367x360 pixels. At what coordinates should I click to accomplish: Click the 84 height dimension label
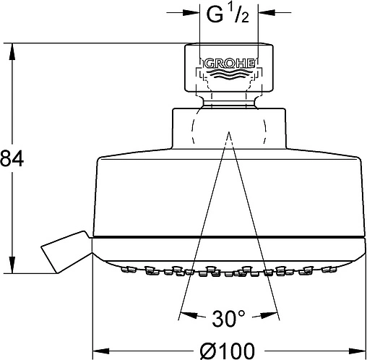pyautogui.click(x=12, y=158)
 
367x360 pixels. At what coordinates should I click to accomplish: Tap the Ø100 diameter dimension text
pyautogui.click(x=227, y=351)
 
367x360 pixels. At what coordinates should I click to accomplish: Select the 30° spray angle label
pyautogui.click(x=228, y=318)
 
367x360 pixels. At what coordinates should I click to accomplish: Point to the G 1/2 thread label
pyautogui.click(x=228, y=14)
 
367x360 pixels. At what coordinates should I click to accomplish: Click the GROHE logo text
pyautogui.click(x=230, y=64)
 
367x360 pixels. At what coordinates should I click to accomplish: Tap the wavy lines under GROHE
pyautogui.click(x=229, y=74)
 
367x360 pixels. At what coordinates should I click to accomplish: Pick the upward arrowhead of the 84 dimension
pyautogui.click(x=12, y=51)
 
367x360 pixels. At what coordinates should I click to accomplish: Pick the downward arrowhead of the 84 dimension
pyautogui.click(x=12, y=265)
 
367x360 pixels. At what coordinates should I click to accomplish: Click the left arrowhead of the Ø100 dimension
pyautogui.click(x=101, y=351)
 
